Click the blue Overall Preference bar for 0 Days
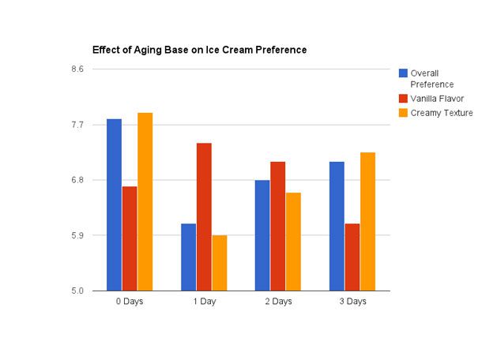(115, 204)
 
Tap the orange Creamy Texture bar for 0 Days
(145, 201)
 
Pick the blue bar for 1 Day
(188, 257)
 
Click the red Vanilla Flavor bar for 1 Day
(204, 216)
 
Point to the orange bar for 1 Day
(219, 262)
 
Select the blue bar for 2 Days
(262, 235)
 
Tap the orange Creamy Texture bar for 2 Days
(292, 241)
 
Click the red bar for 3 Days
(352, 257)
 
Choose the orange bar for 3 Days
(367, 221)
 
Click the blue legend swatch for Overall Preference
(404, 73)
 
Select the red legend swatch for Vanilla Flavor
(404, 99)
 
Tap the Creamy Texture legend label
(441, 113)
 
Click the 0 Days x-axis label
(130, 302)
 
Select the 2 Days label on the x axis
(277, 302)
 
